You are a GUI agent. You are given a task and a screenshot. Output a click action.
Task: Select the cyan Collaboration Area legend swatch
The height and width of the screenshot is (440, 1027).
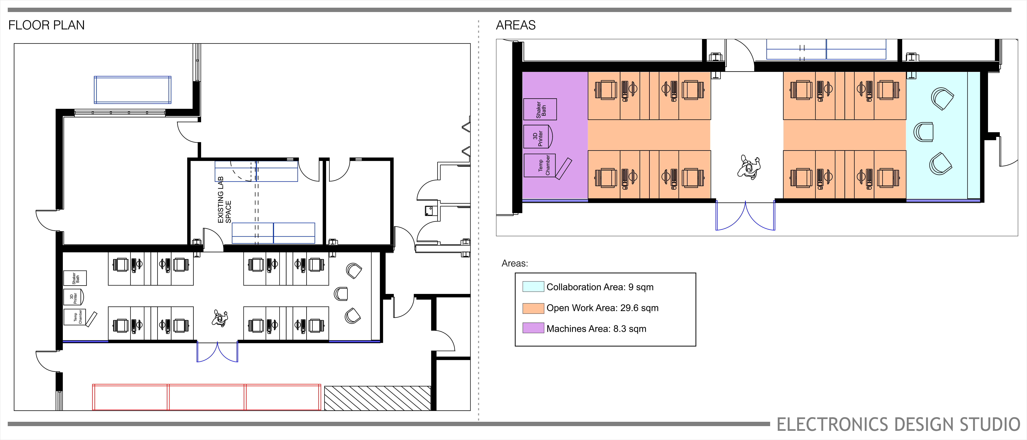pos(533,287)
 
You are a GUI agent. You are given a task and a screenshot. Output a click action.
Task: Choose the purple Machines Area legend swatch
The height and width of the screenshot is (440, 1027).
pos(533,328)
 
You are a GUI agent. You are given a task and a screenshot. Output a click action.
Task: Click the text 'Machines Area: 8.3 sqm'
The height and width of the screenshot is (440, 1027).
pos(596,329)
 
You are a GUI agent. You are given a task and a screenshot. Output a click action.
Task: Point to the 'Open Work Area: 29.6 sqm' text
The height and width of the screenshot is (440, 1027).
pos(602,308)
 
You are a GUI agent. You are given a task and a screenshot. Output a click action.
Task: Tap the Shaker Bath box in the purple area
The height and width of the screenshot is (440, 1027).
pos(540,109)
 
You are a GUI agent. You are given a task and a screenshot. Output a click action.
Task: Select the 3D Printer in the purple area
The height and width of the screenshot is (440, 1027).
pos(537,137)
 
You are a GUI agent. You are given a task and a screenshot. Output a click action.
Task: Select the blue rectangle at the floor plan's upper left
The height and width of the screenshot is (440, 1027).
pos(132,90)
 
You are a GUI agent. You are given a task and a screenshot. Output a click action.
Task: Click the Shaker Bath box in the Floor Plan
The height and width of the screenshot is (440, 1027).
pos(75,278)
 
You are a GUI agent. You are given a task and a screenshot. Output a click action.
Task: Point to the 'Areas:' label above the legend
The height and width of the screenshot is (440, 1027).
pos(514,264)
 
